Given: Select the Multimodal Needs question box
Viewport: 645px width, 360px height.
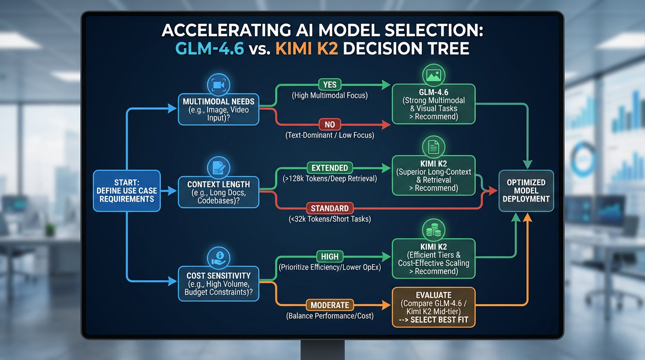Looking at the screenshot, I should coord(218,109).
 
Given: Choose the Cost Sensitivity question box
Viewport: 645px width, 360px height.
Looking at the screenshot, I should coord(218,284).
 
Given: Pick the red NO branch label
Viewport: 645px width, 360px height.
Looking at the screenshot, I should coord(330,124).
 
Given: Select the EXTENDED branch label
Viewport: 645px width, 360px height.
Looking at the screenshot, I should coord(330,168).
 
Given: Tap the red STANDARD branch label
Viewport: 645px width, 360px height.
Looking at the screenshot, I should coord(330,208).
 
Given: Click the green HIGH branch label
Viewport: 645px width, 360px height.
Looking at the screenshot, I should coord(330,256).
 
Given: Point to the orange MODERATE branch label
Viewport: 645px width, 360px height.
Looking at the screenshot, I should coord(330,305).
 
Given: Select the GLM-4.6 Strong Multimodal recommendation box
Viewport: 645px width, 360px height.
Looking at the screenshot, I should coord(433,104).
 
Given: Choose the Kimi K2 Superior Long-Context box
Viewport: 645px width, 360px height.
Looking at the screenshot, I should coord(433,175).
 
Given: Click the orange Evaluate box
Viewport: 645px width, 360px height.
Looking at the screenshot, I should coord(433,307).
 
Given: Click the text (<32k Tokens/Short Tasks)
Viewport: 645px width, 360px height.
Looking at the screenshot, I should coord(330,219).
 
